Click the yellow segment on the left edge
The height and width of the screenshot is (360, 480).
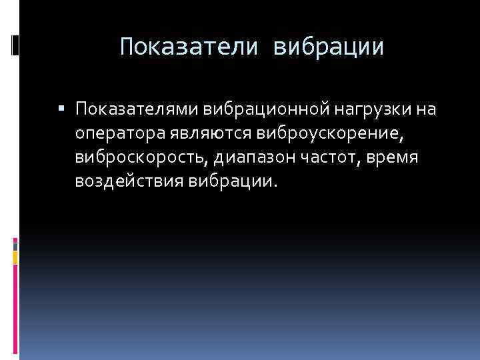coord(15,256)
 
